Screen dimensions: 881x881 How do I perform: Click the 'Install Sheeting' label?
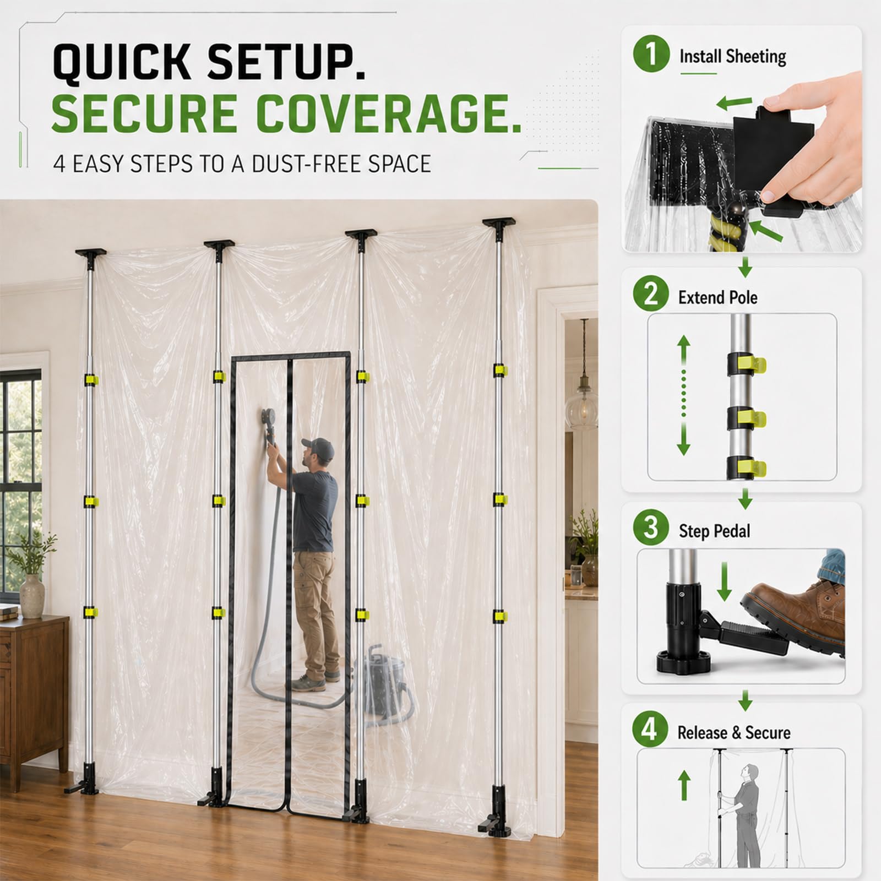[x=732, y=57]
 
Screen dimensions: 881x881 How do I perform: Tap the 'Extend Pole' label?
[x=717, y=297]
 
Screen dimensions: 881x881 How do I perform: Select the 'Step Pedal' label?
[x=714, y=531]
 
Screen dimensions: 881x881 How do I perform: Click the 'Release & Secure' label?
[x=733, y=733]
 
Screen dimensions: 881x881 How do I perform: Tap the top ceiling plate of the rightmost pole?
[x=499, y=222]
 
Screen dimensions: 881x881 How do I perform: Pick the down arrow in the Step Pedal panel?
[x=724, y=581]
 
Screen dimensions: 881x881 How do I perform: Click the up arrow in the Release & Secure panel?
[x=684, y=785]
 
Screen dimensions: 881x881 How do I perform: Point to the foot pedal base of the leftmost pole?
[x=82, y=781]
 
